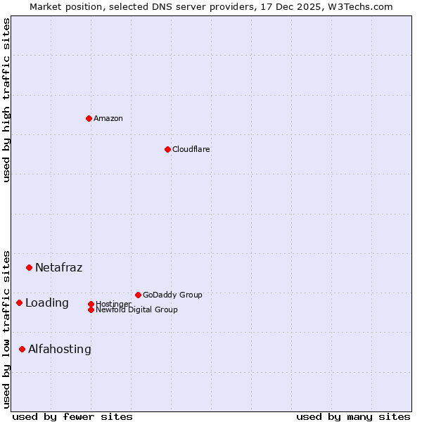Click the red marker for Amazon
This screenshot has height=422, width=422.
point(89,118)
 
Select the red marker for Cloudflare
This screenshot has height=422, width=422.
point(167,149)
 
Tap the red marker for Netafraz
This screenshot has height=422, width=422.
point(29,267)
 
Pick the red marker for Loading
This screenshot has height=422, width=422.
point(19,302)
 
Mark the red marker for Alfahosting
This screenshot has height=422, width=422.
point(22,349)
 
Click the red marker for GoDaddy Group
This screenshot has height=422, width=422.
point(138,295)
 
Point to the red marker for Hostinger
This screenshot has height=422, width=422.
point(91,304)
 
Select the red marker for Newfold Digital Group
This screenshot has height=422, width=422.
point(91,309)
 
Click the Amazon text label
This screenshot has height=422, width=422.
point(108,119)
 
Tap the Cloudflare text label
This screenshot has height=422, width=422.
point(191,150)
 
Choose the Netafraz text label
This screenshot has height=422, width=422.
point(58,268)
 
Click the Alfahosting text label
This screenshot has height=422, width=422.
point(60,350)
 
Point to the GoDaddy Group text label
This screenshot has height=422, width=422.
point(172,295)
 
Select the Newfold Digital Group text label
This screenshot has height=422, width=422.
point(136,310)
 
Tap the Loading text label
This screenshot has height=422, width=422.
point(47,303)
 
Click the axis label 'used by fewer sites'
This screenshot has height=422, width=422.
point(72,417)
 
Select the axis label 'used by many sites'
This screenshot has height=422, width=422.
point(353,417)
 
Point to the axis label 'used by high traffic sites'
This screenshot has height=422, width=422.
point(7,100)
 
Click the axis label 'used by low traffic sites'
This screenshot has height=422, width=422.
point(7,328)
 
